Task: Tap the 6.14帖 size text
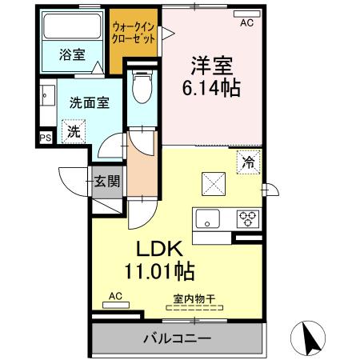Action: (x=213, y=85)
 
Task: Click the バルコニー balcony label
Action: (x=178, y=338)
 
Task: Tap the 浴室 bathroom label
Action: (x=73, y=54)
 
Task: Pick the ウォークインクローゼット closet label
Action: (x=135, y=31)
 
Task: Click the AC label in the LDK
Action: (x=115, y=296)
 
